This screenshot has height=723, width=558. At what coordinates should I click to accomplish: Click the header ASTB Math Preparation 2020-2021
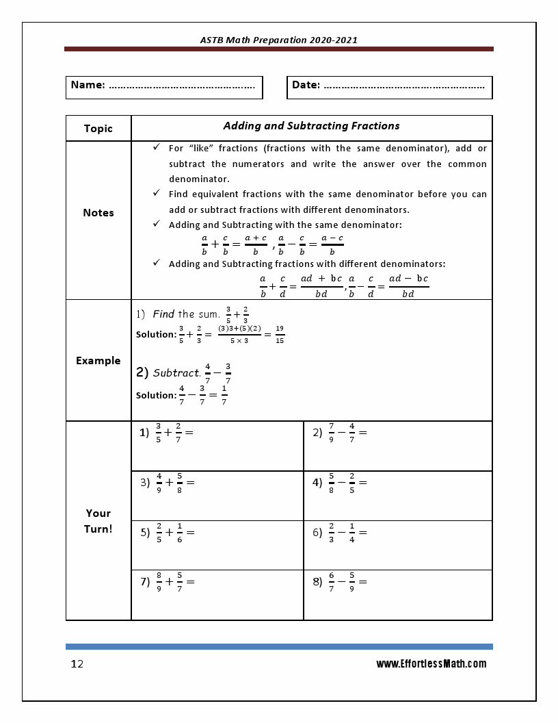[x=278, y=40]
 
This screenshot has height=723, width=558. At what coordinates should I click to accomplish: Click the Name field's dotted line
[x=181, y=87]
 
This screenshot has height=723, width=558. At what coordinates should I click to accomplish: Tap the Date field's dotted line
[x=403, y=87]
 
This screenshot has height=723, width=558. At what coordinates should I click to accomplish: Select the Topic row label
[x=98, y=129]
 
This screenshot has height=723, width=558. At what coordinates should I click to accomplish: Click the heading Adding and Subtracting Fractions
[x=311, y=126]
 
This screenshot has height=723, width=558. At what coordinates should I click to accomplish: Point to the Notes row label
[x=98, y=213]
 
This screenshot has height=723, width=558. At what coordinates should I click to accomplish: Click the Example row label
[x=98, y=361]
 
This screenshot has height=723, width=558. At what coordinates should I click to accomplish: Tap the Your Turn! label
[x=98, y=521]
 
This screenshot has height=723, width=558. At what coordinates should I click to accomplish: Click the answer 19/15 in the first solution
[x=280, y=334]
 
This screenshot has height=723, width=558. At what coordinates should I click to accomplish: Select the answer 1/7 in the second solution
[x=224, y=395]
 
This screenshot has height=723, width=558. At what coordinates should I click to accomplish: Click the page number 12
[x=77, y=664]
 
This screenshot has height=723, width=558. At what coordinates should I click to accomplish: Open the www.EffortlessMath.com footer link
[x=431, y=663]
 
